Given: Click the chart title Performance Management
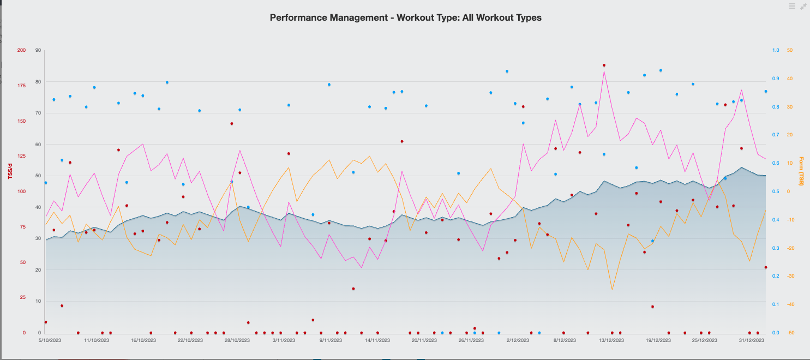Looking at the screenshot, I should coord(405,17).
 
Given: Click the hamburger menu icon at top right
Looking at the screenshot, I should coord(792,6).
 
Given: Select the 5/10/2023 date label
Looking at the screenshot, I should coord(50,340).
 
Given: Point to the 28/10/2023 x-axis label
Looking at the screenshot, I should coord(237,340).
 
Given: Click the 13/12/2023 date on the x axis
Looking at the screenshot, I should coord(611,340).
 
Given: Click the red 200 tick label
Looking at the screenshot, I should coord(21,50).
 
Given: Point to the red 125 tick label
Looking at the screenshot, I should coord(21,157).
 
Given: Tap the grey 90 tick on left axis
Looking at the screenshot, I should coord(38,50).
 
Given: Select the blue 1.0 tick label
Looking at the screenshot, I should coord(775,50).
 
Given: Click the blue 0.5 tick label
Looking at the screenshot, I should coord(775,191).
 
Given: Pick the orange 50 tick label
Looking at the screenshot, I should coord(789,50).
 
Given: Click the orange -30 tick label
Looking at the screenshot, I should coord(790,276).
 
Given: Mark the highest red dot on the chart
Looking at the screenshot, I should coord(604,65).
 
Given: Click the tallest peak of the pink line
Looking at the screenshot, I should coord(604,71).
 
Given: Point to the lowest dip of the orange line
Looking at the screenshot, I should coord(612,290).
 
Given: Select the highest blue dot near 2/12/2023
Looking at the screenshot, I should coord(507,71).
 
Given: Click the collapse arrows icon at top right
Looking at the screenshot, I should coord(803,6).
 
